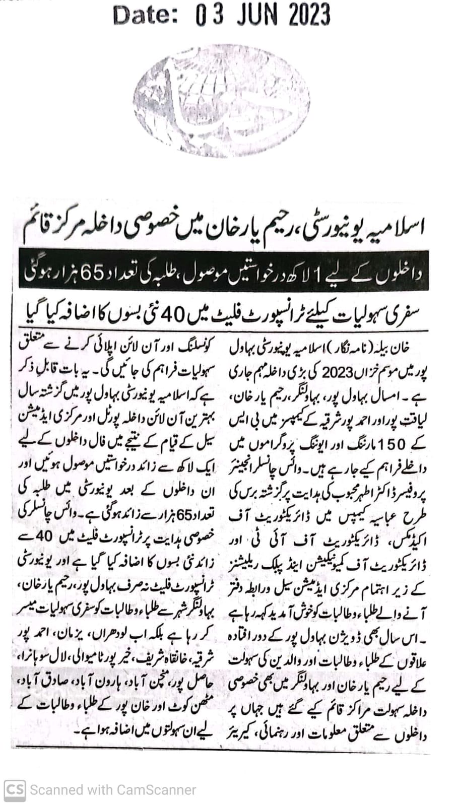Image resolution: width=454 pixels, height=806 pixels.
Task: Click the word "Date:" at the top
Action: coord(145,15)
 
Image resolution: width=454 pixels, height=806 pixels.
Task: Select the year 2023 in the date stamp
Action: coord(309,15)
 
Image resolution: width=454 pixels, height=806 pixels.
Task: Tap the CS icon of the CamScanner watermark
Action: coord(14,789)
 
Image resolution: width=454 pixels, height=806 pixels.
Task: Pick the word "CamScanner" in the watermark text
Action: coord(156,790)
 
